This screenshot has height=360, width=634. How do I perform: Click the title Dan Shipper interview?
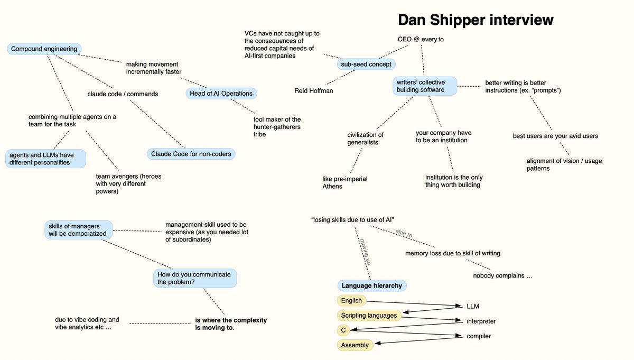[x=475, y=20]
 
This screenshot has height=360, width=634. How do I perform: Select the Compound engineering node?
[x=44, y=49]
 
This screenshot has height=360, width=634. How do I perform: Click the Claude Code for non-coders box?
[x=191, y=154]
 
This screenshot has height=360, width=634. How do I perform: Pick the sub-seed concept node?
[x=366, y=64]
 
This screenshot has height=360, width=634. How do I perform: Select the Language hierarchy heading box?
[x=372, y=285]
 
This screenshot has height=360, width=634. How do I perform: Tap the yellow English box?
[x=351, y=300]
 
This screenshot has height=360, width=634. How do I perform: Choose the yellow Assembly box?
[x=355, y=345]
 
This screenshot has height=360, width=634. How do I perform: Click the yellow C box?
[x=343, y=330]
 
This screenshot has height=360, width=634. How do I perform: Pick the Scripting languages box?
[x=369, y=315]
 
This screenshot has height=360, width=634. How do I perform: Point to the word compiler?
[x=479, y=336]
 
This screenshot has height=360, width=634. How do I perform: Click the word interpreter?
[x=481, y=321]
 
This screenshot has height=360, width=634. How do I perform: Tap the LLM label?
[x=473, y=306]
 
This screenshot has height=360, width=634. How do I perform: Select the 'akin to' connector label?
[x=404, y=234]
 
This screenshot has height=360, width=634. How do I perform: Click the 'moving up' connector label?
[x=364, y=252]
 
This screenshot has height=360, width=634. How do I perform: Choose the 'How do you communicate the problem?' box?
[x=195, y=278]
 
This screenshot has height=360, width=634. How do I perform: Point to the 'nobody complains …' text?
[x=502, y=276]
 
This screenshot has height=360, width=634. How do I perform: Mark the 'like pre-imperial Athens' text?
[x=344, y=182]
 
